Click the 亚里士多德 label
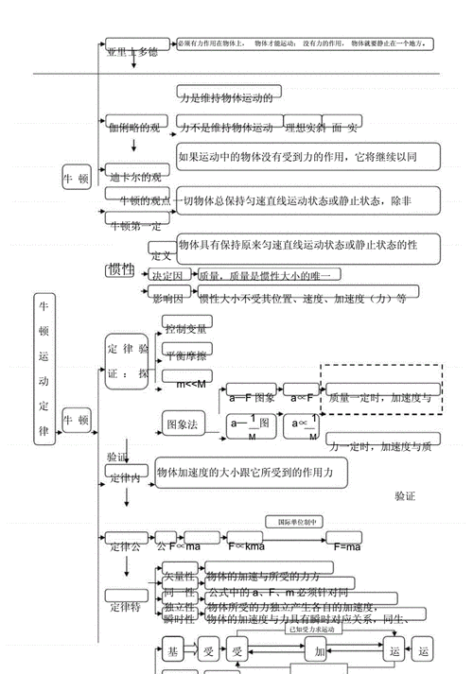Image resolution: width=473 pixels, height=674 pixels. click(x=131, y=51)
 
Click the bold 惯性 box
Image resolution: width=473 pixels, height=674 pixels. click(x=121, y=270)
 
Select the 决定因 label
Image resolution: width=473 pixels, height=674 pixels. click(x=166, y=275)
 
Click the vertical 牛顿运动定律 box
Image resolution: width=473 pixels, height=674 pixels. click(x=43, y=369)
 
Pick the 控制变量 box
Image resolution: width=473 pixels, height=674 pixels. click(x=186, y=329)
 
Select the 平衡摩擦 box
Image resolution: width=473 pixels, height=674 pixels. click(x=186, y=354)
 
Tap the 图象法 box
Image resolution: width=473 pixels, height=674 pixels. click(x=182, y=425)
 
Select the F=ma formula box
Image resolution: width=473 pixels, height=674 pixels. click(x=347, y=545)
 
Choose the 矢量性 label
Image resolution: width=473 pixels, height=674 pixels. click(x=178, y=576)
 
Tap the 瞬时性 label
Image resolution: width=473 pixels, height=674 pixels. click(x=178, y=619)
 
